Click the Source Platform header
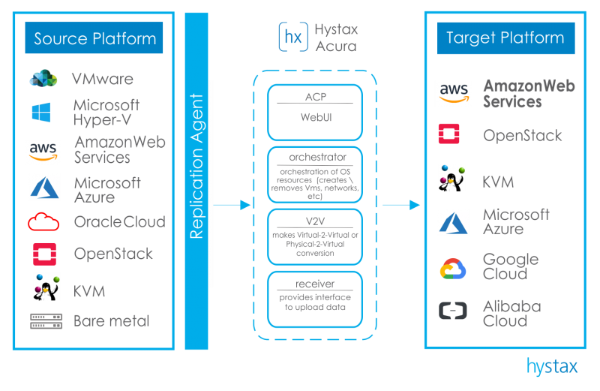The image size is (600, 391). pyautogui.click(x=95, y=38)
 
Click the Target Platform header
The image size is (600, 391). pyautogui.click(x=505, y=38)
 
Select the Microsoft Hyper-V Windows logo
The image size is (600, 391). pyautogui.click(x=42, y=113)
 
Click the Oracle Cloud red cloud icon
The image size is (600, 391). pyautogui.click(x=43, y=222)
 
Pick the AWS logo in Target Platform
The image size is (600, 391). pyautogui.click(x=454, y=94)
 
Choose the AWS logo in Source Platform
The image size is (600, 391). pyautogui.click(x=44, y=152)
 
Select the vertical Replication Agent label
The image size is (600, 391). pyautogui.click(x=196, y=167)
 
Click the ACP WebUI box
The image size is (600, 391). pyautogui.click(x=315, y=111)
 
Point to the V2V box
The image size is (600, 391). pyautogui.click(x=315, y=237)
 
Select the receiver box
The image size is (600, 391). pyautogui.click(x=315, y=296)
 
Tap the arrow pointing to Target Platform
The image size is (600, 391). pyautogui.click(x=401, y=204)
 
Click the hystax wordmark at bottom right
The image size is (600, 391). pyautogui.click(x=552, y=367)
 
